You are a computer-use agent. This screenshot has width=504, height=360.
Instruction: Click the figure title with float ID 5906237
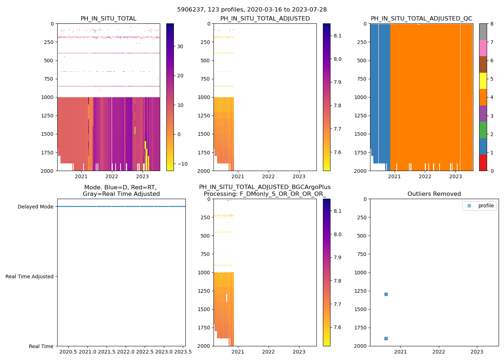point(252,10)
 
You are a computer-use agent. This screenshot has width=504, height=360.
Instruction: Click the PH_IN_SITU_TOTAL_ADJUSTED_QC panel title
point(421,19)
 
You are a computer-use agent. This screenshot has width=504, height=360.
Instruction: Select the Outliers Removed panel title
point(434,194)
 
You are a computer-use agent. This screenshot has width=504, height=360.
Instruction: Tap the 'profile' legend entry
point(486,206)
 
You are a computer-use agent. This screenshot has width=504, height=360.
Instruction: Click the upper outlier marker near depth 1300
point(386,294)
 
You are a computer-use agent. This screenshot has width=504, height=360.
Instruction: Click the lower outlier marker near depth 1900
point(386,338)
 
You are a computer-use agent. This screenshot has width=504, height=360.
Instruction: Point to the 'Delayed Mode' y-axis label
point(35,207)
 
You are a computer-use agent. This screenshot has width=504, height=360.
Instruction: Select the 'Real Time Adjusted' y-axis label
point(29,276)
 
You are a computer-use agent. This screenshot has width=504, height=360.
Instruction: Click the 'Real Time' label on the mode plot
point(41,346)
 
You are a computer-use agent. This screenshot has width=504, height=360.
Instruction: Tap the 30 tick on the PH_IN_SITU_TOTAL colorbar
point(180,46)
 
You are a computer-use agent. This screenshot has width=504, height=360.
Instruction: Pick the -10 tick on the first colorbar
point(183,164)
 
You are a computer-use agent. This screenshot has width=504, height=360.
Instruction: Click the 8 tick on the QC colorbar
point(492,24)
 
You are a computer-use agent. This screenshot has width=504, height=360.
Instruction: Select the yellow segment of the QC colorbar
point(483,81)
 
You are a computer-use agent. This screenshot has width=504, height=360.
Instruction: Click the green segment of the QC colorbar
point(483,130)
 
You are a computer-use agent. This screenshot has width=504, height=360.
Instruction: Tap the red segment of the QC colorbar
point(483,163)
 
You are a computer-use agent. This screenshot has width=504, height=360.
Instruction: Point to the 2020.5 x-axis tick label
point(68,352)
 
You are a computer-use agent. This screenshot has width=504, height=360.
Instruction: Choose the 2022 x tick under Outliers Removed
point(439,352)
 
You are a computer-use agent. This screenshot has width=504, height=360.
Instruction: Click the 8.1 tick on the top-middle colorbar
point(337,36)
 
